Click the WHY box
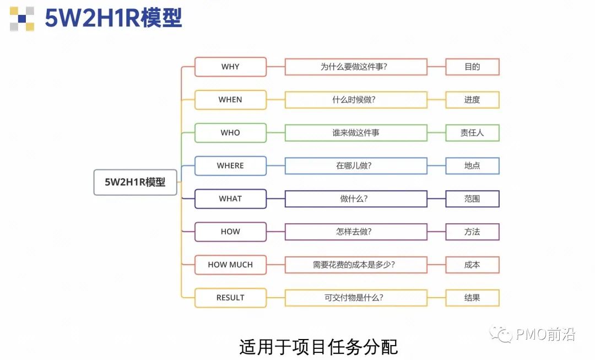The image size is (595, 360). click(230, 67)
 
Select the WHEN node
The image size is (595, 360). click(230, 100)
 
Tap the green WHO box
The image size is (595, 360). click(230, 133)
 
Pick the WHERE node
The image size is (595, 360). click(230, 166)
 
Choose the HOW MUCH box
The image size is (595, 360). click(230, 265)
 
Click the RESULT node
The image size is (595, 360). click(230, 298)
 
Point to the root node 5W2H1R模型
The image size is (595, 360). click(135, 182)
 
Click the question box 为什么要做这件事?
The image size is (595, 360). click(356, 67)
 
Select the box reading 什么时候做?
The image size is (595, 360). click(356, 100)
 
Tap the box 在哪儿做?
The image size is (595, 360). click(356, 166)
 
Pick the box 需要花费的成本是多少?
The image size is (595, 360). click(356, 265)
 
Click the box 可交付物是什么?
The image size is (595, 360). click(356, 298)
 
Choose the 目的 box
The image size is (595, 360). click(472, 67)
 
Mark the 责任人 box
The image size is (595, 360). click(472, 133)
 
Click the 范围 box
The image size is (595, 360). click(472, 199)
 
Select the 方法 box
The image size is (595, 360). click(472, 232)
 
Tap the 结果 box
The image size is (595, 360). click(472, 298)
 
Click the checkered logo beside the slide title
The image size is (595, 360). click(22, 18)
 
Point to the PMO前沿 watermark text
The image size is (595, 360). click(545, 334)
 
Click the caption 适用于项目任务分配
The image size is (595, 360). click(318, 347)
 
